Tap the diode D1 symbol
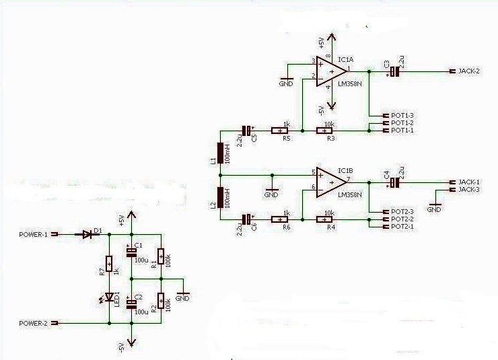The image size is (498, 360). [87, 234]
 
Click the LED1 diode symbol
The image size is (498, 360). [108, 297]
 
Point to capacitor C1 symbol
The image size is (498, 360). [131, 252]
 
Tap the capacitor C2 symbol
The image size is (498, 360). [131, 304]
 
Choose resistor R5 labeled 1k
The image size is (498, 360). [280, 131]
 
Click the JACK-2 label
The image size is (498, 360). [468, 71]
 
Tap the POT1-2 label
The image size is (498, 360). [402, 122]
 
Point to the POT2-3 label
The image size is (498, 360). [402, 211]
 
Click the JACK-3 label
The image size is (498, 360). [468, 189]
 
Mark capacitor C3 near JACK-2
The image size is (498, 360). [395, 71]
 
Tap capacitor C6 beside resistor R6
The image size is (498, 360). [248, 219]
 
